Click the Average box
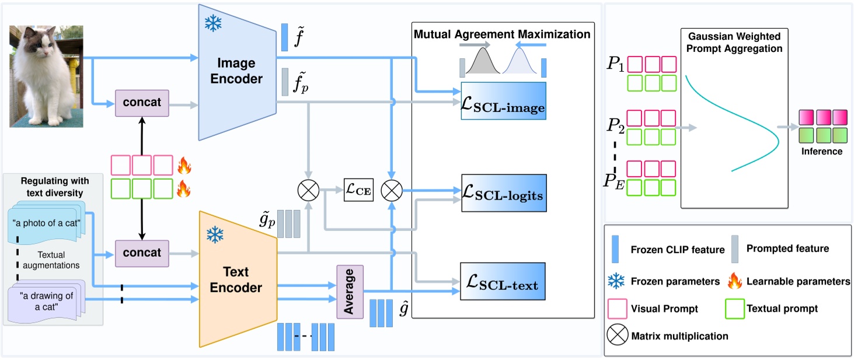point(350,291)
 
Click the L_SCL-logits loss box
point(503,194)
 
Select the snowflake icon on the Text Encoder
point(215,235)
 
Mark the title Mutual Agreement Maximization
point(502,34)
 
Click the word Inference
point(822,151)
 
